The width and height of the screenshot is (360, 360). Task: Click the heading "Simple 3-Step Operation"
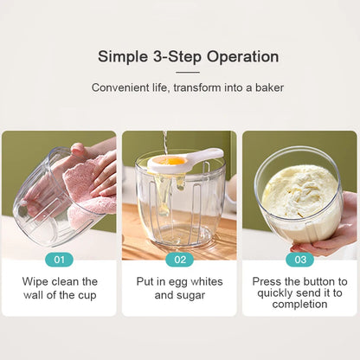point(188,57)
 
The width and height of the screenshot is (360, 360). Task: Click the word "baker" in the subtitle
point(267,87)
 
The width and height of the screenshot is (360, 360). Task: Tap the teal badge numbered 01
point(59,259)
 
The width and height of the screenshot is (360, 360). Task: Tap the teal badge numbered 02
point(179,259)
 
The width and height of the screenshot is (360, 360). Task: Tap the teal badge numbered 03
point(299,259)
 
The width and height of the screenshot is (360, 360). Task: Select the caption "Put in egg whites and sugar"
point(179,288)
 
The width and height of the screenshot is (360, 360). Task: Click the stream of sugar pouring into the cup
point(164,141)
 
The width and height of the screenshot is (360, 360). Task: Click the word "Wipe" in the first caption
point(35,282)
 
